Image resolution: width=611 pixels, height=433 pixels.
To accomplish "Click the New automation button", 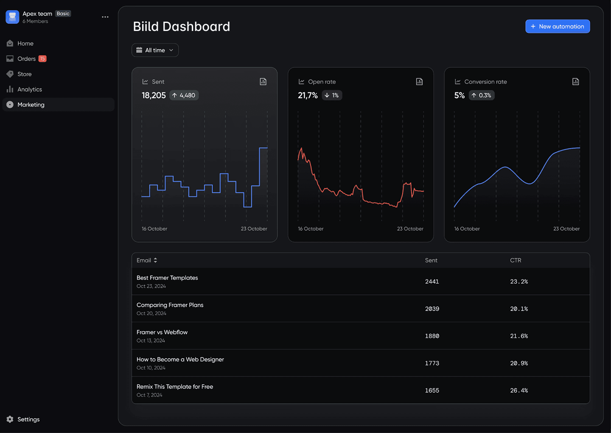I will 558,26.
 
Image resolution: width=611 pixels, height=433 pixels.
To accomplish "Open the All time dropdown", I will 155,50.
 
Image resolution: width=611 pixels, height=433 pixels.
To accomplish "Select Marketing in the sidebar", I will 31,105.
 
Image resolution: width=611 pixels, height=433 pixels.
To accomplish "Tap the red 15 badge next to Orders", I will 42,59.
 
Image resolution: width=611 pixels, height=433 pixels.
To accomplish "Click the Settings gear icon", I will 10,419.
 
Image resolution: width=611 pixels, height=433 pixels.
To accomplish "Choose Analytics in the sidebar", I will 29,89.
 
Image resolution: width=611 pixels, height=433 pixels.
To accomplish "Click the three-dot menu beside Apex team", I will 105,17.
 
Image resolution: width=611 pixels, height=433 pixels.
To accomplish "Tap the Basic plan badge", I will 63,14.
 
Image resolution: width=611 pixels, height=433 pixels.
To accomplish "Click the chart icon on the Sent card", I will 263,81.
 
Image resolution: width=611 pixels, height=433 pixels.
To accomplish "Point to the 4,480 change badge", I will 184,95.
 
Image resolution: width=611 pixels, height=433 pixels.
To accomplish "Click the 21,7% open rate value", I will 308,95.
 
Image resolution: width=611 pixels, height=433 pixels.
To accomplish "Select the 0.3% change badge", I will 482,95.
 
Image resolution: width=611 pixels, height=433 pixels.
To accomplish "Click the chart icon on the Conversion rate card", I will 575,81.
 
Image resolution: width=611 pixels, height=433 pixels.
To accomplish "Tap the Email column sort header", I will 147,260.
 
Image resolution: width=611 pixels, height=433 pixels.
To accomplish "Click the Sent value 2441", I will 432,282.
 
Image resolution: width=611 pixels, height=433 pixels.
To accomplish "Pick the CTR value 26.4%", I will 519,391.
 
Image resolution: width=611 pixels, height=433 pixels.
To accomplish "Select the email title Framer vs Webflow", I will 162,332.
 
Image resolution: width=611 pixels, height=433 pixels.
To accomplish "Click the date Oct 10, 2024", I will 151,368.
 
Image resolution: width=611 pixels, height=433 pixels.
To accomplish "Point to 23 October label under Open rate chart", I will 410,229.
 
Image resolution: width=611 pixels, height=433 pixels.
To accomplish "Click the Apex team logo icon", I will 12,17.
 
